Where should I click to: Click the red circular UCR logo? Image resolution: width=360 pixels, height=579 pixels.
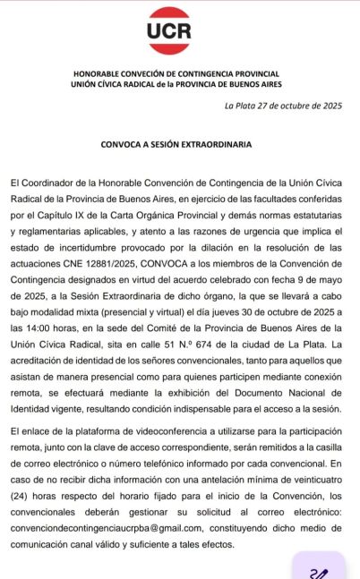[x=179, y=30]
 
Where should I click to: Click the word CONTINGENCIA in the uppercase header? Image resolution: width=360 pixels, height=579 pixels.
[x=211, y=74]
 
